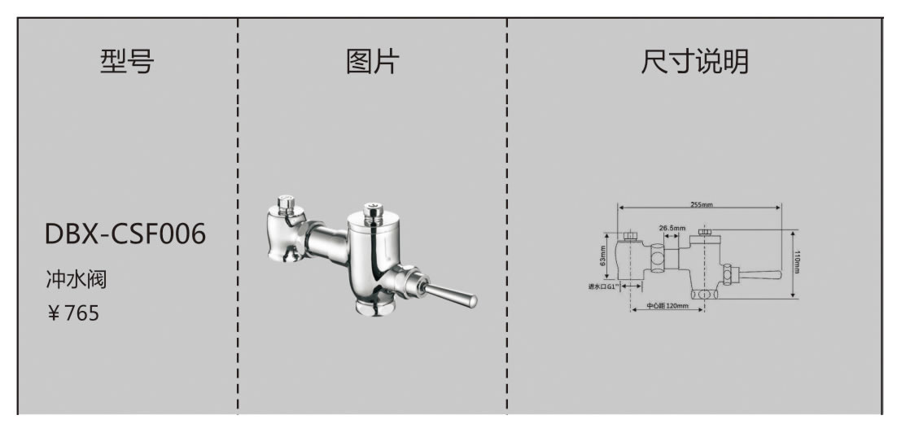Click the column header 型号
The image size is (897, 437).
tap(126, 62)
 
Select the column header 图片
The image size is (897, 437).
tap(372, 62)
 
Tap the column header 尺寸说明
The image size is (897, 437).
tap(694, 62)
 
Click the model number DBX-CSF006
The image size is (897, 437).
tap(125, 234)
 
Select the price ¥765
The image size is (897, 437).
tap(73, 313)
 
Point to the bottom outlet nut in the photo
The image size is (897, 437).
tap(377, 308)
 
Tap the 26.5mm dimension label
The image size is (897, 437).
tap(672, 228)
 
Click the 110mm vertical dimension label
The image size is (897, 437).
tap(798, 262)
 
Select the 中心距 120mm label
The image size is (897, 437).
tap(667, 307)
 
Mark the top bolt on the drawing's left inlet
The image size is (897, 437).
tap(631, 234)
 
